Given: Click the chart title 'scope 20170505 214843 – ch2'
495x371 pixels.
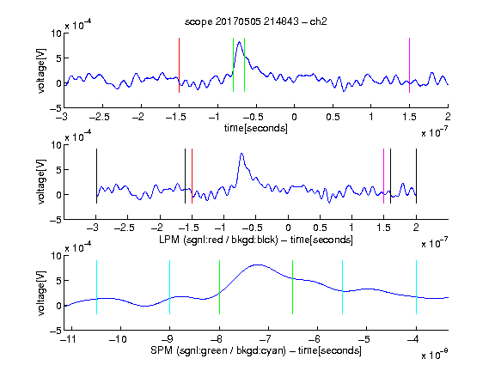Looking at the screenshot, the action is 256,21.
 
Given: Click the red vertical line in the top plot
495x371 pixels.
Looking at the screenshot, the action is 179,65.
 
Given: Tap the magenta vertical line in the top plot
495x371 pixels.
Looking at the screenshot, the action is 409,65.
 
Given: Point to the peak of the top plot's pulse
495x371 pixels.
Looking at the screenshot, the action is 240,42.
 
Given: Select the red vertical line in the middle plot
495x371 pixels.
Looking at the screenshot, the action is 192,176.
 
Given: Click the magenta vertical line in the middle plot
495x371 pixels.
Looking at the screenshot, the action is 383,176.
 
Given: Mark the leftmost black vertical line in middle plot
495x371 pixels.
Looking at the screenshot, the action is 96,176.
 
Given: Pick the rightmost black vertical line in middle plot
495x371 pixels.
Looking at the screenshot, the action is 416,176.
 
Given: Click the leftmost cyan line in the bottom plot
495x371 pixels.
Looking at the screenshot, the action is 96,287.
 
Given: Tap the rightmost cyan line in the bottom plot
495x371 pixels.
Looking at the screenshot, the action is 416,287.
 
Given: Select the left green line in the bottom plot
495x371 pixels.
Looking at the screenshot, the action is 219,287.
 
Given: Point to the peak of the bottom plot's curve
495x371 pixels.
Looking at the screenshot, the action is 258,265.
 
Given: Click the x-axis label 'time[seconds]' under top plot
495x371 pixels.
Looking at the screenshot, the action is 256,128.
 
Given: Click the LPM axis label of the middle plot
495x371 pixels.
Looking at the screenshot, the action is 256,240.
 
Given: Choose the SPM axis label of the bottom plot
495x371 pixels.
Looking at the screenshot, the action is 256,350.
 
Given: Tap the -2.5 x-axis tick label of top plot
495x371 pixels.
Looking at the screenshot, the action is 99,117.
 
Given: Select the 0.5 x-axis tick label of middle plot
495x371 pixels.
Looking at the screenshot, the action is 320,228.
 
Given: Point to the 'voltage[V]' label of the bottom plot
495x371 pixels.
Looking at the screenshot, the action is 41,293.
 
